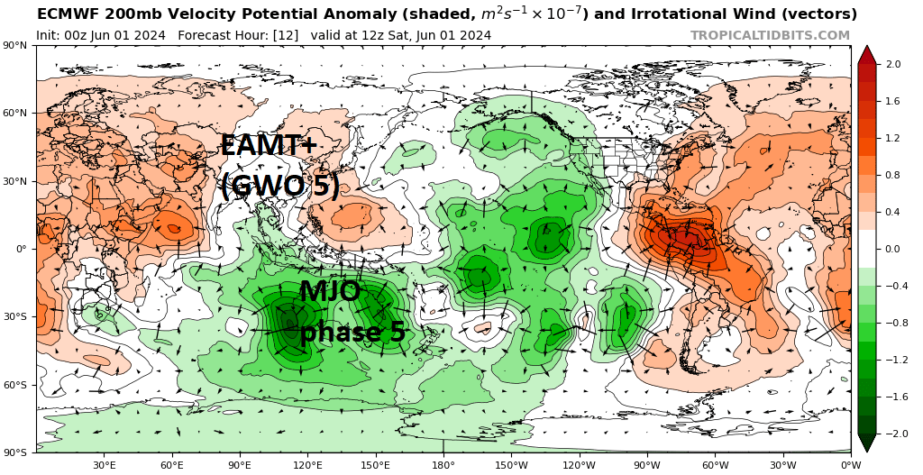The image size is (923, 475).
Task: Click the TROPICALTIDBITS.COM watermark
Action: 770,35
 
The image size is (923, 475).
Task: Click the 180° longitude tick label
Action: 443,465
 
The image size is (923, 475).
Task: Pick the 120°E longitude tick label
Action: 308,465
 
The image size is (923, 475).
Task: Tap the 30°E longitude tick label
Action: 105,465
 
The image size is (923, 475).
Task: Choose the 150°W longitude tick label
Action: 511,465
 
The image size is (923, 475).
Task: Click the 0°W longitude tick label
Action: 850,465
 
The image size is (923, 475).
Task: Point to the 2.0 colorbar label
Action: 893,65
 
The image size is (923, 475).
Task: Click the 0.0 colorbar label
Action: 893,249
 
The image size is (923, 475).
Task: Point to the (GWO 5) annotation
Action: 280,186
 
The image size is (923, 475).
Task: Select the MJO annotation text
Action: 330,291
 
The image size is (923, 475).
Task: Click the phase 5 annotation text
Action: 352,332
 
